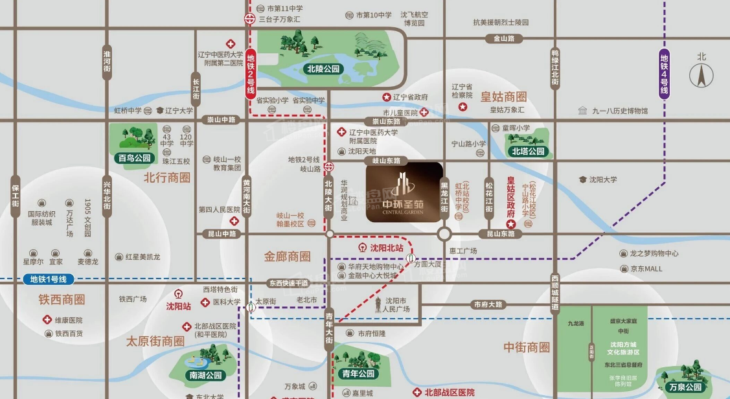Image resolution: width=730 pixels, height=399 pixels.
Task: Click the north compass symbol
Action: click(701, 76)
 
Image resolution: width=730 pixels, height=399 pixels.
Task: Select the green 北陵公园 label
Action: click(323, 67)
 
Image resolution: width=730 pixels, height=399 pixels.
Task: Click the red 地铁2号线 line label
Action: click(251, 74)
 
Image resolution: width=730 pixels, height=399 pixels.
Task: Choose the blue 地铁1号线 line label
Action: click(49, 280)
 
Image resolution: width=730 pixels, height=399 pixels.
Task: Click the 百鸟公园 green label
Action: click(133, 158)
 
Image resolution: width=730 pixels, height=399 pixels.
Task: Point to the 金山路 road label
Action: click(503, 38)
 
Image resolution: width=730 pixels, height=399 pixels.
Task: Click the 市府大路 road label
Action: click(488, 304)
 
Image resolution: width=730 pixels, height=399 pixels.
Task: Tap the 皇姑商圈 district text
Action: click(503, 97)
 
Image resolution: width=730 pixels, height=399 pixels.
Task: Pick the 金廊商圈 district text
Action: click(287, 256)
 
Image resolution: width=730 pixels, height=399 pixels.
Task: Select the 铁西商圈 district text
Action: click(62, 300)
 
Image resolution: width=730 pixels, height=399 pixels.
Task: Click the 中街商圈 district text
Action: click(527, 348)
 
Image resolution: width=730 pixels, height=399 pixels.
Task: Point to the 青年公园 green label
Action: click(357, 374)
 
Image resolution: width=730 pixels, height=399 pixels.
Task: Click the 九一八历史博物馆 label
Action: click(619, 111)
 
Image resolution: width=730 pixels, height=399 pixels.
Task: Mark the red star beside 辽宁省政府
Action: click(387, 97)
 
